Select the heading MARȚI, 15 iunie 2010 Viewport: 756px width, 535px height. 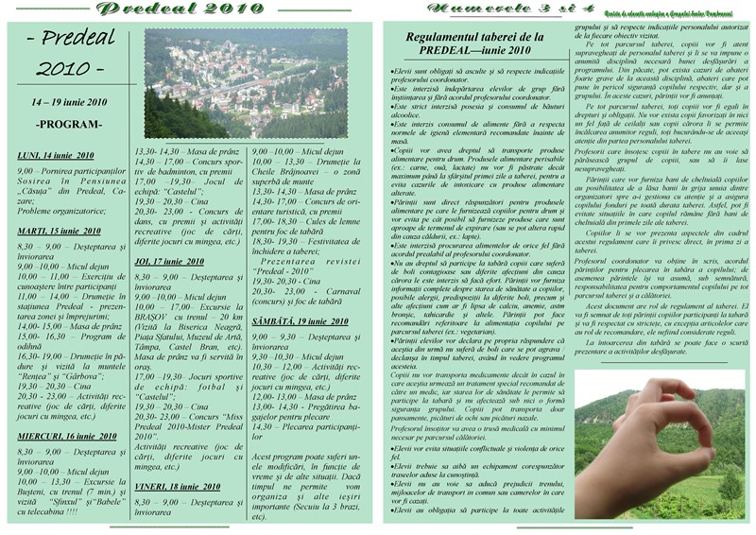click(59, 231)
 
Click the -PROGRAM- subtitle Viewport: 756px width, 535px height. click(69, 124)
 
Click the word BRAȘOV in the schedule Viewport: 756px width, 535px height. click(156, 318)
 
